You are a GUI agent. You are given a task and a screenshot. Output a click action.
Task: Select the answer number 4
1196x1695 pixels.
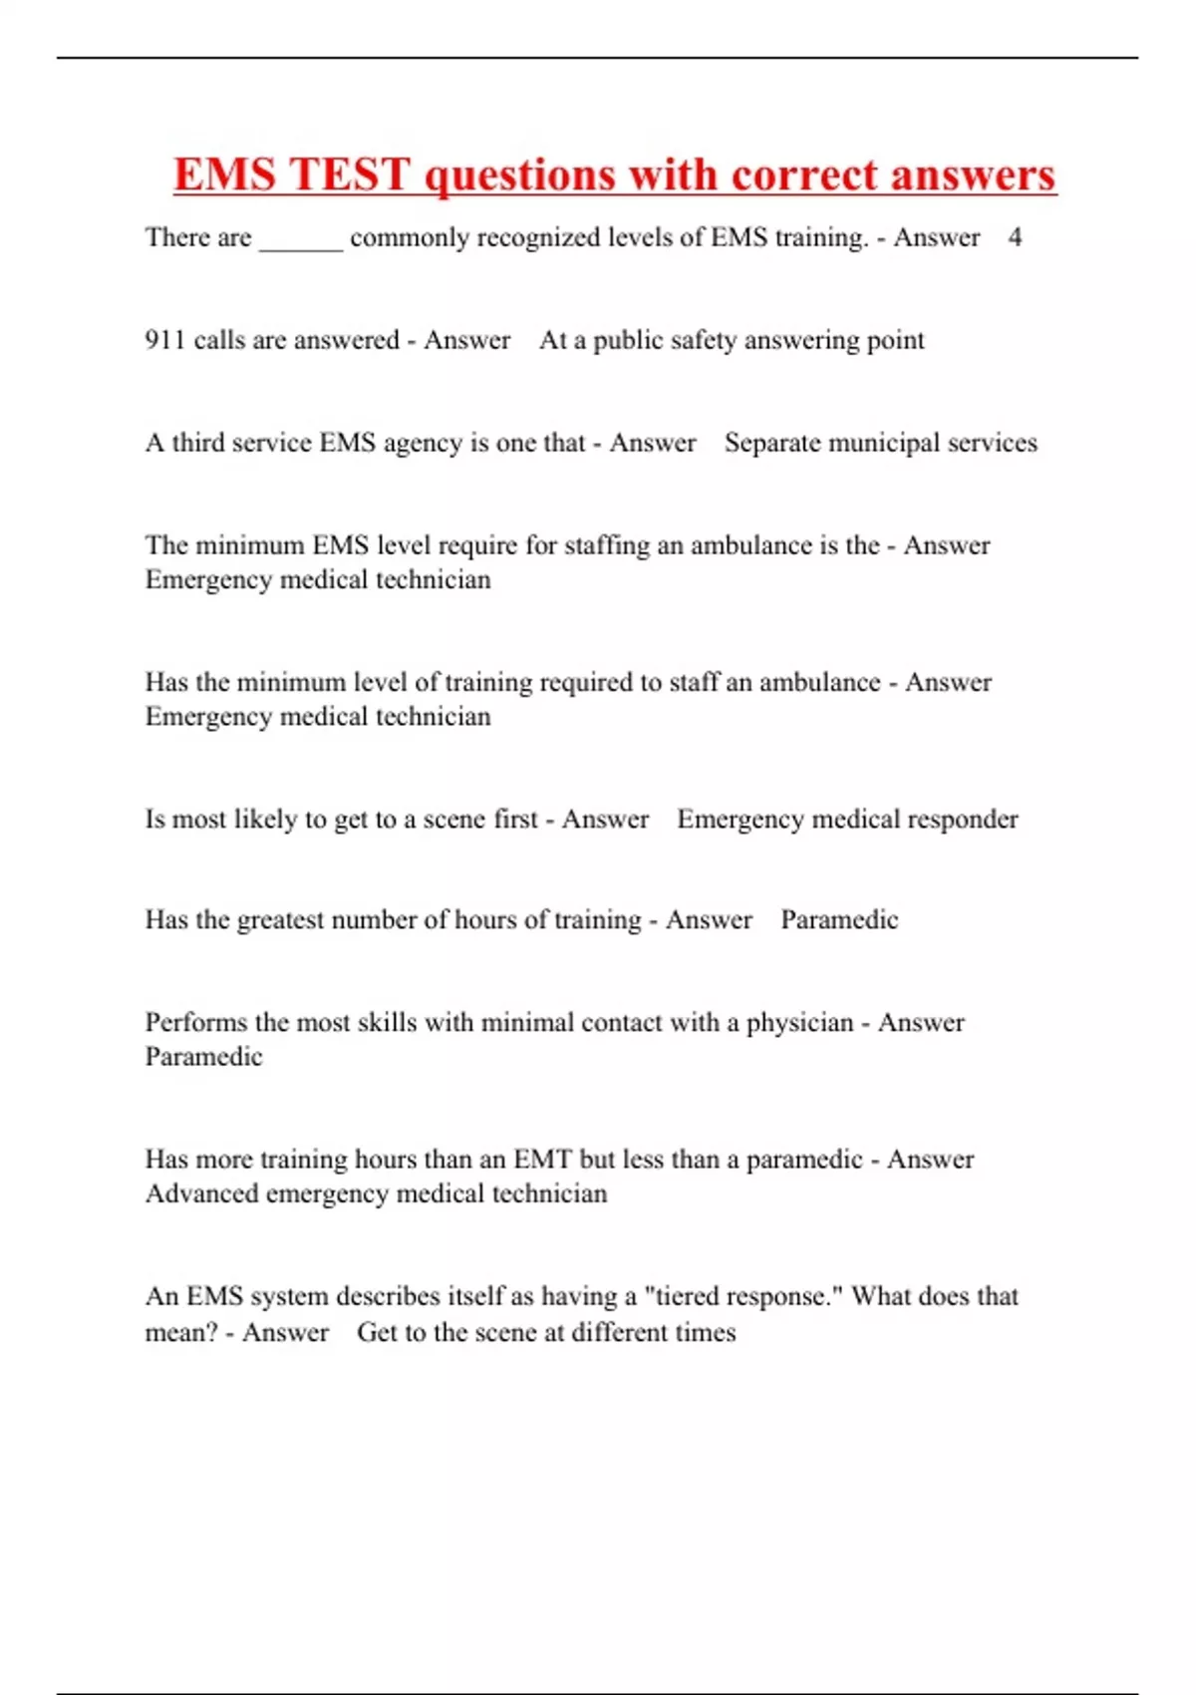point(1015,237)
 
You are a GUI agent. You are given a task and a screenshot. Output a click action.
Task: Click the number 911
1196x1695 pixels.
point(164,340)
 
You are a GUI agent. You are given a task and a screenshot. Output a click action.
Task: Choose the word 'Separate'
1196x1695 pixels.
point(772,443)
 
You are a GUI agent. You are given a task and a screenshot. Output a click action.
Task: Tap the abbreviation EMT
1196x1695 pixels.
point(542,1160)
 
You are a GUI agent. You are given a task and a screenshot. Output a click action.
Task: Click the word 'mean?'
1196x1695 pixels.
point(181,1332)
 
